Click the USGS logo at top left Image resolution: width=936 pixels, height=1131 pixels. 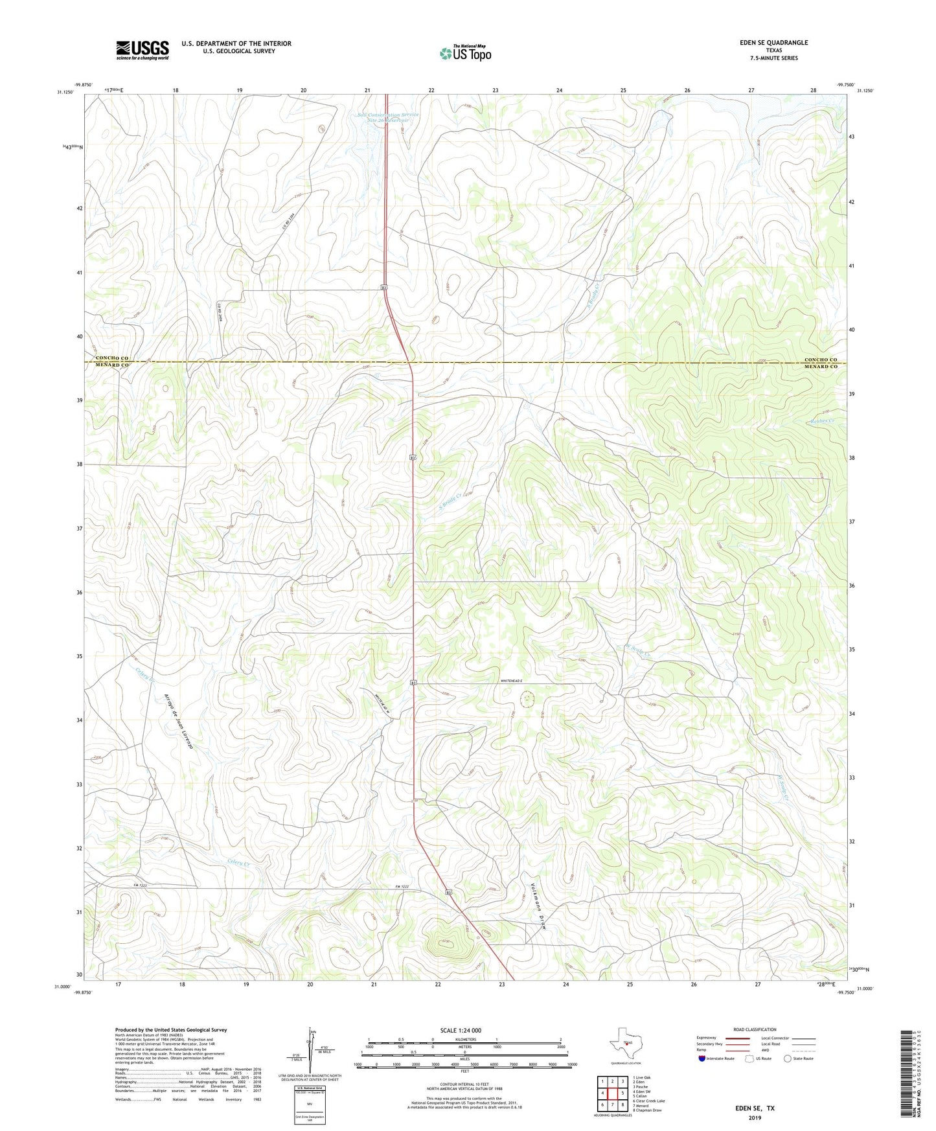(x=143, y=49)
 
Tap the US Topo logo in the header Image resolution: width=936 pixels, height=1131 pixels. (x=465, y=53)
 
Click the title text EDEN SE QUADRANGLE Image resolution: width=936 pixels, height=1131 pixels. (x=774, y=43)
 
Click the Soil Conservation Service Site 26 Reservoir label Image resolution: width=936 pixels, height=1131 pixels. (x=388, y=118)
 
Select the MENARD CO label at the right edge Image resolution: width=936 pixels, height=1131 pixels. (x=821, y=367)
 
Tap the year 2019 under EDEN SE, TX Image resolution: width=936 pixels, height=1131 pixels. (x=755, y=1118)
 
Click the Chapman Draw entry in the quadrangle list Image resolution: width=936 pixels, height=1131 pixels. (x=648, y=1110)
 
